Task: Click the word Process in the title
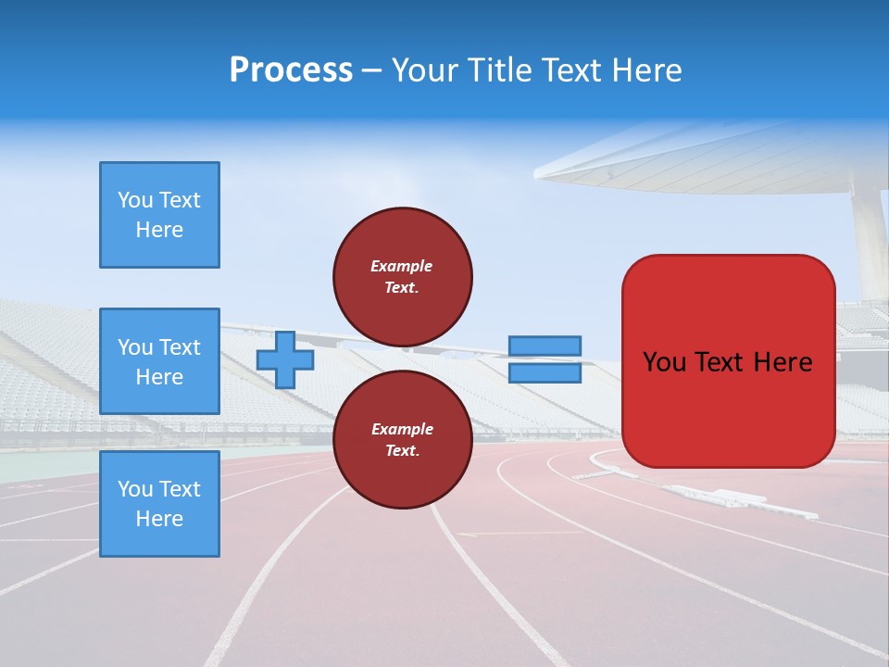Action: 291,70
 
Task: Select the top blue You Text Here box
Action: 159,215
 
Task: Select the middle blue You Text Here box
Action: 159,361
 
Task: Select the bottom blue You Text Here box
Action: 159,504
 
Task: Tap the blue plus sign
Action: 285,359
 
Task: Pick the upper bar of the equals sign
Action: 545,346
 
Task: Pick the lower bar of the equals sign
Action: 545,372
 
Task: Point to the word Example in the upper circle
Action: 401,266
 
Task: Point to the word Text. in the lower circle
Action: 401,451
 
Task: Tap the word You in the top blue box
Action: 135,200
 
